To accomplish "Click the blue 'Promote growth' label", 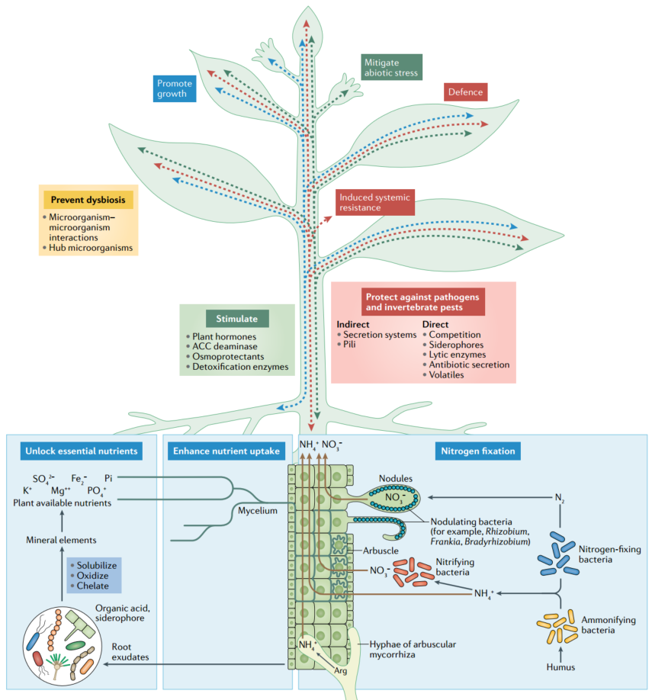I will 175,88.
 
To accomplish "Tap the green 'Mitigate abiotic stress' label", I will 390,67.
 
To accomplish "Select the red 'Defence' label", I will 465,92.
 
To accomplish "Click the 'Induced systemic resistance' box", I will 374,203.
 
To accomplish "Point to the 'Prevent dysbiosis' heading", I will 88,200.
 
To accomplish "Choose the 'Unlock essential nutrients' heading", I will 81,451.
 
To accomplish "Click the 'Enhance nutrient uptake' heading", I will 227,451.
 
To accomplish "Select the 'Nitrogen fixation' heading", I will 478,451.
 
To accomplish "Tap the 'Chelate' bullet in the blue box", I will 92,586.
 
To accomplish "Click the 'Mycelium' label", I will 257,512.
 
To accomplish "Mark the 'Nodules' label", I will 396,478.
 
